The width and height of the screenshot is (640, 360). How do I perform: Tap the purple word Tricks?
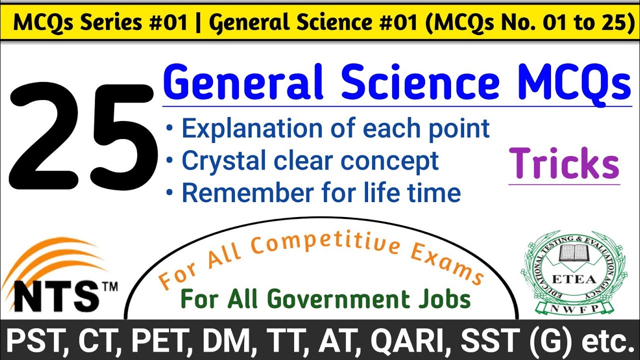click(x=564, y=164)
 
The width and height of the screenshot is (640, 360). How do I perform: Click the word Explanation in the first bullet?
click(x=252, y=129)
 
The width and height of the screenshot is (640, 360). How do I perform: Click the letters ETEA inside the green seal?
click(x=574, y=278)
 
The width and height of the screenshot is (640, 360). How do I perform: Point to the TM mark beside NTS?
click(x=109, y=287)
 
